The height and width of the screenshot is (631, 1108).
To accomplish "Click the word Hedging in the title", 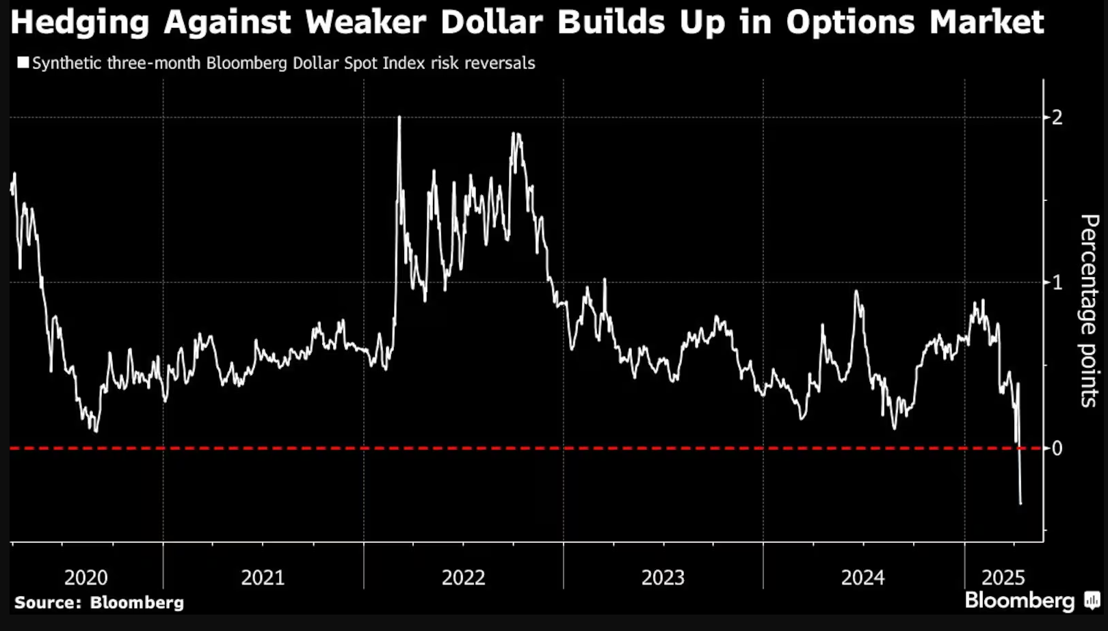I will tap(79, 23).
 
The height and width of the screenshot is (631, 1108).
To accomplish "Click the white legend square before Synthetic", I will tap(23, 63).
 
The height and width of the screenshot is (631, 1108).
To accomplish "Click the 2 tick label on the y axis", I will tap(1057, 117).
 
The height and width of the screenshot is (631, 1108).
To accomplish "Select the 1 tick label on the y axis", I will tap(1057, 282).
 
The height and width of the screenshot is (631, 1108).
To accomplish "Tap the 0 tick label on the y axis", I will tap(1057, 448).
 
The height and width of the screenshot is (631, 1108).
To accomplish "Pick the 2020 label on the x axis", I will tap(85, 578).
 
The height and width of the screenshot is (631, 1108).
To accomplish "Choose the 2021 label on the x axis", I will tap(263, 578).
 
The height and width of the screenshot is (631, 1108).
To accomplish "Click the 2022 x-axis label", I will tap(463, 578).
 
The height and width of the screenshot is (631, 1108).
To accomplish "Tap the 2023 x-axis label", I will tap(663, 578).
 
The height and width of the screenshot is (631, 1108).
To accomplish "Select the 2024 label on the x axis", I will tap(862, 578).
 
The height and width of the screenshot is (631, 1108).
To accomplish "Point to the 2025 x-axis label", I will tap(1003, 578).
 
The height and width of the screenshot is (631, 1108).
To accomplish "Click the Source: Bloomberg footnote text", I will tap(99, 603).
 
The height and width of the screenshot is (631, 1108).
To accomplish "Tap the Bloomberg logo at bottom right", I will tap(1019, 601).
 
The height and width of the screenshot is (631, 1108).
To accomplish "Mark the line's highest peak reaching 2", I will tap(399, 118).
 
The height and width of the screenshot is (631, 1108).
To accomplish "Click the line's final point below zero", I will tap(1021, 504).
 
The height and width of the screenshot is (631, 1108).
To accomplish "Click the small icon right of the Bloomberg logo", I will tap(1092, 602).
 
